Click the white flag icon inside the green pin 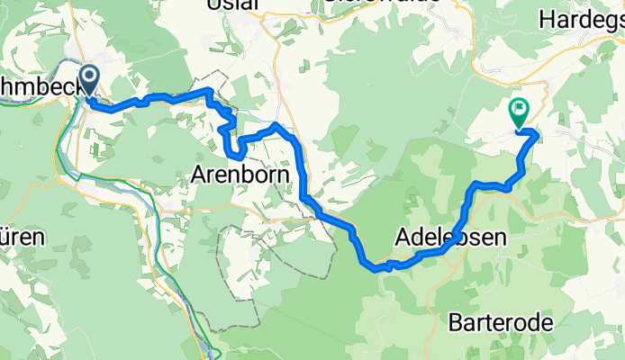[520, 110]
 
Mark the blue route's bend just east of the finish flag [536, 135]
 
